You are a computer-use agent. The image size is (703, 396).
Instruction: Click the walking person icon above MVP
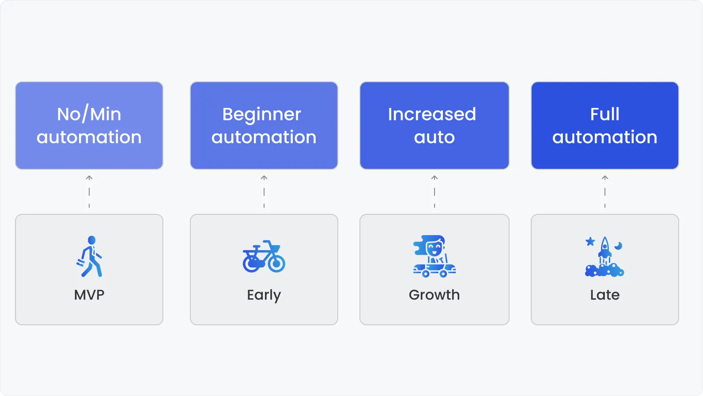click(90, 256)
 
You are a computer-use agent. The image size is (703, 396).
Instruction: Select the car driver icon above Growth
click(434, 256)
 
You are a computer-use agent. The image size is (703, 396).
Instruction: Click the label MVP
click(89, 295)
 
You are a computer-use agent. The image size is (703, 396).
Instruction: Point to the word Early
click(264, 295)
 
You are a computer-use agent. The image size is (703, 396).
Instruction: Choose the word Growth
click(434, 295)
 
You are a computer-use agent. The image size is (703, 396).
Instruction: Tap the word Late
click(605, 295)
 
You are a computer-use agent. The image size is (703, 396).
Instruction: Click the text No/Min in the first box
click(89, 114)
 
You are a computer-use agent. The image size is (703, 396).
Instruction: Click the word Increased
click(432, 114)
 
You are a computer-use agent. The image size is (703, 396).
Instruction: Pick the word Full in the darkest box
click(605, 114)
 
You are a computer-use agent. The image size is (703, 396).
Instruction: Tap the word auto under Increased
click(434, 137)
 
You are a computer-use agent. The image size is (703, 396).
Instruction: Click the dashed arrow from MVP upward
click(89, 191)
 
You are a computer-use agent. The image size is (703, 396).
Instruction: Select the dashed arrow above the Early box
click(264, 191)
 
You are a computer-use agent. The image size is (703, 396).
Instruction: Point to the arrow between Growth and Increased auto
click(435, 191)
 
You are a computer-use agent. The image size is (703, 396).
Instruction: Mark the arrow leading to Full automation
click(605, 191)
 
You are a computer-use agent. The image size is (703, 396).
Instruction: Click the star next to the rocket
click(590, 241)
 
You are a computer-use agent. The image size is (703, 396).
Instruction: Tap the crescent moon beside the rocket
click(619, 246)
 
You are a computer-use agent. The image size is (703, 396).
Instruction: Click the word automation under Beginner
click(264, 137)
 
